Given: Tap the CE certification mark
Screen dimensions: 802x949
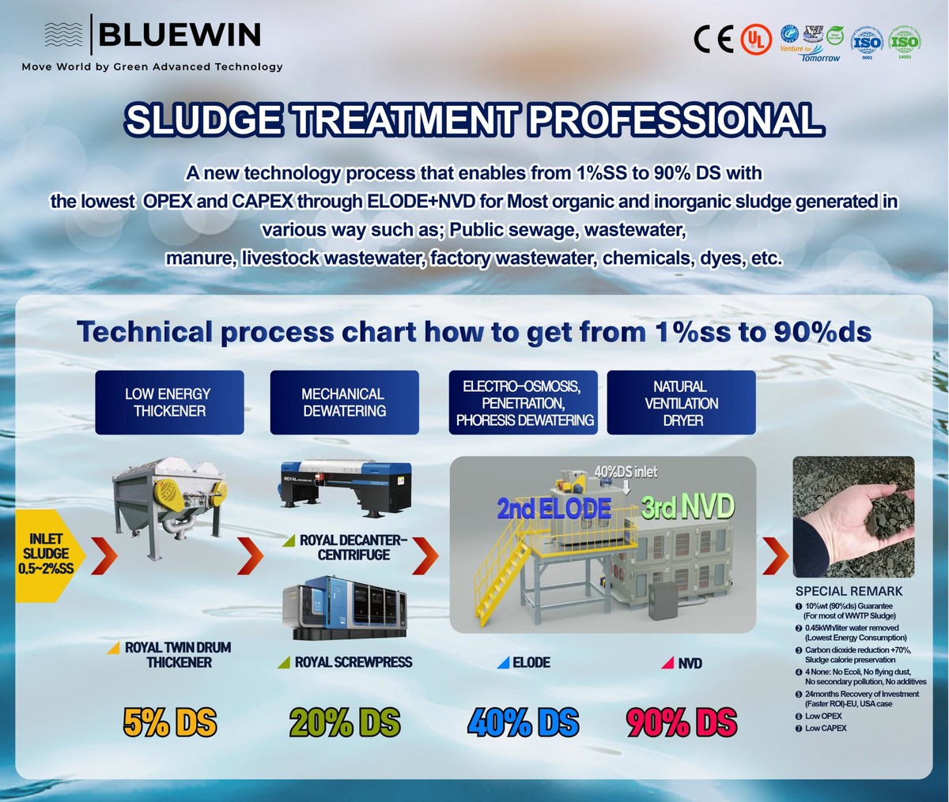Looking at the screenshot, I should click(713, 39).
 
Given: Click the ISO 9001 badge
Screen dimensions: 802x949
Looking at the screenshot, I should click(866, 40).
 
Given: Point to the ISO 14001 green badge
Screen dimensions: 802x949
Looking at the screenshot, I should click(904, 40).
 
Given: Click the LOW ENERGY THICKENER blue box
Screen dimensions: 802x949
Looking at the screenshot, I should click(169, 402).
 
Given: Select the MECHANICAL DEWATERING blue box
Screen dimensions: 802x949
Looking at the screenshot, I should click(344, 402).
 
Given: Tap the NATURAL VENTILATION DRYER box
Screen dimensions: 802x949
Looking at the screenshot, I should click(681, 403).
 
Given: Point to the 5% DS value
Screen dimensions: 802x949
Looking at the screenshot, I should click(170, 722).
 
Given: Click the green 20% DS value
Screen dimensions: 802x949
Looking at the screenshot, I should click(345, 722).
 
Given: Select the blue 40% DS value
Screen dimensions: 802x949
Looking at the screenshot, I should click(524, 722).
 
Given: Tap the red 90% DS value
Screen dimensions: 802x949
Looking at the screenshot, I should click(681, 722).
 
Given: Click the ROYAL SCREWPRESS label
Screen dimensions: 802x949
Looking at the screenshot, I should click(353, 662).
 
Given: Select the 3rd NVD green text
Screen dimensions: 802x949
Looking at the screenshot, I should click(687, 506).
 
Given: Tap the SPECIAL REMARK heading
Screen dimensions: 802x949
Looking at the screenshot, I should click(849, 591).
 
